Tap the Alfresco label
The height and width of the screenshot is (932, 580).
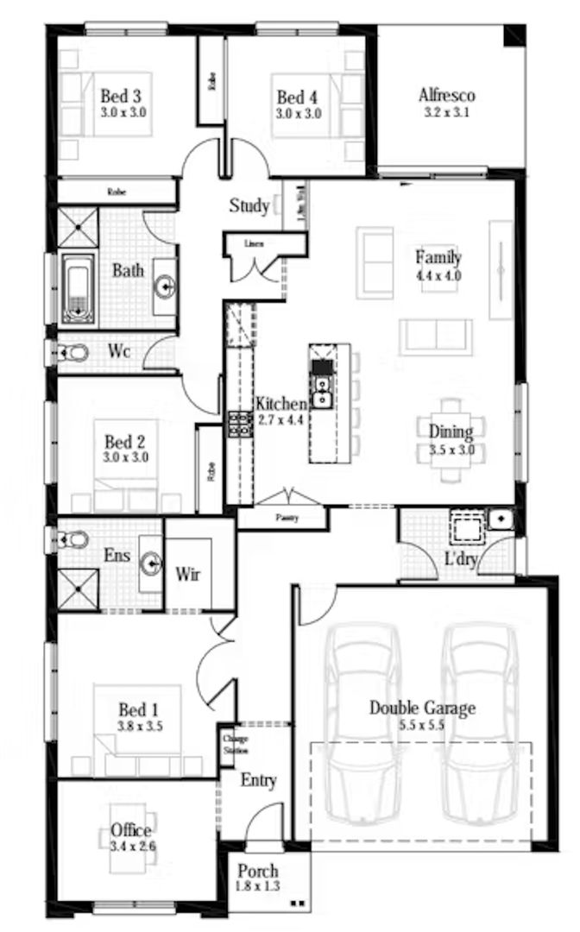pyautogui.click(x=447, y=95)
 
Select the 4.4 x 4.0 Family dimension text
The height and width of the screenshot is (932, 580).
pyautogui.click(x=438, y=275)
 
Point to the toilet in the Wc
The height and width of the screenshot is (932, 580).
pyautogui.click(x=72, y=352)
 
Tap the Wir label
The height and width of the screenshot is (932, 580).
pyautogui.click(x=188, y=574)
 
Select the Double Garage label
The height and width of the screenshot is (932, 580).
pyautogui.click(x=422, y=708)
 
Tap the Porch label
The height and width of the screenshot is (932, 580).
pyautogui.click(x=258, y=871)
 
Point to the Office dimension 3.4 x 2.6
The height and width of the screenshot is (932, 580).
pyautogui.click(x=133, y=847)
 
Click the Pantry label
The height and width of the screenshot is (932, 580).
pyautogui.click(x=282, y=518)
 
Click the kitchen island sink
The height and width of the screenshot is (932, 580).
pyautogui.click(x=322, y=397)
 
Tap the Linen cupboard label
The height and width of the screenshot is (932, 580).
pyautogui.click(x=254, y=242)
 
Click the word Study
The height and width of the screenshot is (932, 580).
pyautogui.click(x=249, y=206)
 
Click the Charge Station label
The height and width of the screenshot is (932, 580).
pyautogui.click(x=230, y=742)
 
